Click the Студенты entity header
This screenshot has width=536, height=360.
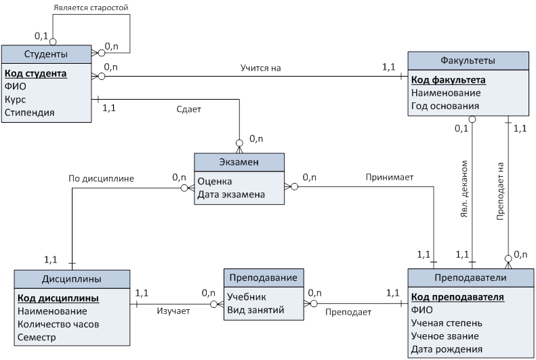point(46,54)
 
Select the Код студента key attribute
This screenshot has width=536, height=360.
point(35,73)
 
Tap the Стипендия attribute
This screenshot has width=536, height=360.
point(29,113)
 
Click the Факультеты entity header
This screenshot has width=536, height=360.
point(468,61)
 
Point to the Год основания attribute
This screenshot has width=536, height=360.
point(445,106)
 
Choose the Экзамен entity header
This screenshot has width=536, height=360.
point(239,162)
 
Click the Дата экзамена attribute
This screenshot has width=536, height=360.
point(231,195)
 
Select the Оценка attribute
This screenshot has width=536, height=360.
point(215,182)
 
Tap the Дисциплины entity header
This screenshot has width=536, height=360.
point(72,279)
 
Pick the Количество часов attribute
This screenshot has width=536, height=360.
point(58,324)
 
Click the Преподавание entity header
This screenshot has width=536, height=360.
point(264,277)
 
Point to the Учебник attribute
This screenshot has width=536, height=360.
point(247,297)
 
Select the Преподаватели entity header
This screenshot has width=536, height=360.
point(470,277)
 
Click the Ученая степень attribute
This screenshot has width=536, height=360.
point(447,323)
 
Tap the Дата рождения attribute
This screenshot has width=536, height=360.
point(447,349)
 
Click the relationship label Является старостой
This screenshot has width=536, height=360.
point(91,7)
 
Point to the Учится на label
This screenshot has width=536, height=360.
point(260,68)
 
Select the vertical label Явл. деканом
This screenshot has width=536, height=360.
point(464,188)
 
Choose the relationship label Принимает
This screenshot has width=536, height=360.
point(390,178)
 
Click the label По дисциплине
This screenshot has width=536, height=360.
point(101,178)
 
